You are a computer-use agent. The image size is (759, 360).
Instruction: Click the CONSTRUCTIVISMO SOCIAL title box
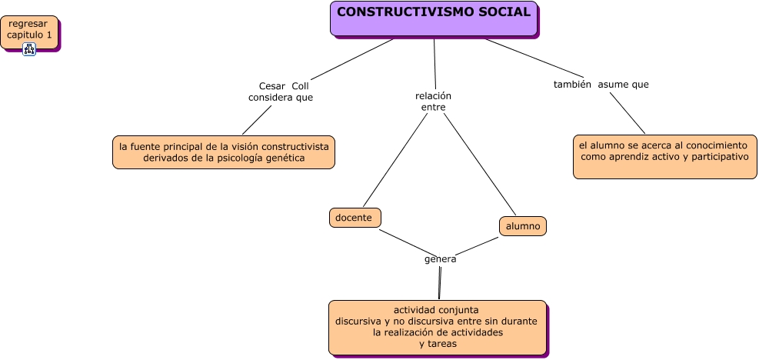tap(434, 18)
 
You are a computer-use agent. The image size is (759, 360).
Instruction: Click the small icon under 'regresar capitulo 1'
tap(29, 49)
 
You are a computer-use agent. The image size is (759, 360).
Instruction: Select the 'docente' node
tap(355, 218)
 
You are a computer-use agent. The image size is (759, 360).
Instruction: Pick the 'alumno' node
tap(523, 226)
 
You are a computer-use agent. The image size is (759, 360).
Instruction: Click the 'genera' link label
tap(441, 259)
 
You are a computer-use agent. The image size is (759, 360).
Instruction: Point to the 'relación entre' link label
tap(433, 102)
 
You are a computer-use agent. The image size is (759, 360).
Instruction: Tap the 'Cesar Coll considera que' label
tap(281, 92)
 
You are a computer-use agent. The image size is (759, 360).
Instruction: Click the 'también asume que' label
tap(601, 85)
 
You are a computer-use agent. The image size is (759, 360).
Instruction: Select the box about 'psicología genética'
tap(224, 152)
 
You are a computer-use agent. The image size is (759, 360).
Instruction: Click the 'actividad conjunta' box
tap(438, 328)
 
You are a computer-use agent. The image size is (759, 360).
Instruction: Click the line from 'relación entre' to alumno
tap(481, 163)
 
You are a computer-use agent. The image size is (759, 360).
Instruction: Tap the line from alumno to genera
tap(477, 245)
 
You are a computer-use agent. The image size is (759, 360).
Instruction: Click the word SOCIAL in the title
tap(501, 12)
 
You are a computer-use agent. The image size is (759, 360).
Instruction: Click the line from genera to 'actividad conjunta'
tap(440, 282)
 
